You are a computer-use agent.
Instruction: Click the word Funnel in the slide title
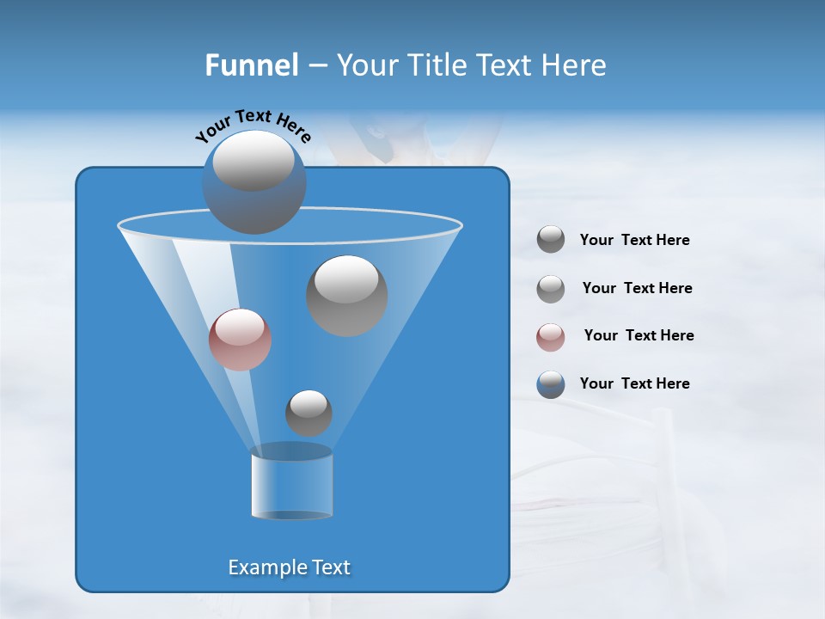[x=252, y=65]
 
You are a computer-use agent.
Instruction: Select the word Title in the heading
[x=437, y=65]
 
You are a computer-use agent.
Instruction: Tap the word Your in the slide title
[x=367, y=65]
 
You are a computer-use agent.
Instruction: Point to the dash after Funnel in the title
[x=316, y=66]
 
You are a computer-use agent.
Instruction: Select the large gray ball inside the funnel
[x=346, y=296]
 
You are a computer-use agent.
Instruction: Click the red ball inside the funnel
[x=241, y=340]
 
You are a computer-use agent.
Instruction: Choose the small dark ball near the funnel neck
[x=309, y=414]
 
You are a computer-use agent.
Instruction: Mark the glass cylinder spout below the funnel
[x=291, y=483]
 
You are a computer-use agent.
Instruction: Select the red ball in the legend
[x=551, y=337]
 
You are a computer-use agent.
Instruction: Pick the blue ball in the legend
[x=551, y=384]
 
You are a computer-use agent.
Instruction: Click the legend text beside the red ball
[x=639, y=335]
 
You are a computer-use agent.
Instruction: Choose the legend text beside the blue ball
[x=634, y=383]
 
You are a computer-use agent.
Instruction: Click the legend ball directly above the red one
[x=551, y=289]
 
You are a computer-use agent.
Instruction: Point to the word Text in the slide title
[x=509, y=65]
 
